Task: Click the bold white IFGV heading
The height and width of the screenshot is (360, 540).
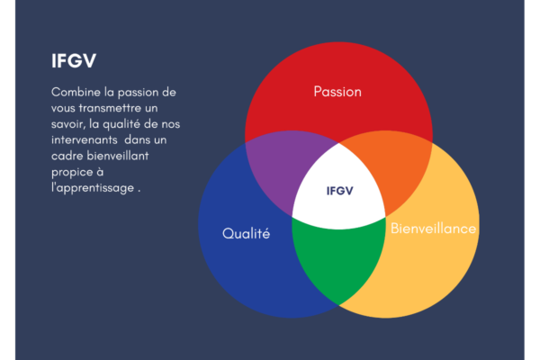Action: (x=74, y=60)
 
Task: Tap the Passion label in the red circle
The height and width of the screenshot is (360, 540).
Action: (x=337, y=92)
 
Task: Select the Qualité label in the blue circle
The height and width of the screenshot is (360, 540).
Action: (x=247, y=233)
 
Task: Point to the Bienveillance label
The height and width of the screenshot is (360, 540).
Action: (x=433, y=229)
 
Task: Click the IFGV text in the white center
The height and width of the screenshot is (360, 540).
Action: (x=340, y=191)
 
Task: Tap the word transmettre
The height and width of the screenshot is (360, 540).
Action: (x=110, y=108)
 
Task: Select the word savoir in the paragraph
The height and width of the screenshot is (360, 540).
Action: (x=67, y=124)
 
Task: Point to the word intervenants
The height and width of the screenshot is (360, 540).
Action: (x=85, y=139)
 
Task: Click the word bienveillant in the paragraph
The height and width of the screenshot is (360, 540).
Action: (x=117, y=156)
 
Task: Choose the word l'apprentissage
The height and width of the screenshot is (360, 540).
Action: (x=93, y=188)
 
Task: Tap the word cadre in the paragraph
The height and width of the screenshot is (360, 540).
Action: (x=67, y=156)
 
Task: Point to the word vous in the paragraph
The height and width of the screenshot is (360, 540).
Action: (x=63, y=109)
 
